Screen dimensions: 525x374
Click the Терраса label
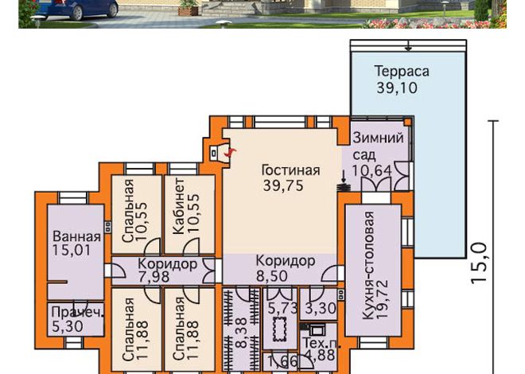pos(402,72)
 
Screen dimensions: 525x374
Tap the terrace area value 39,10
pos(397,88)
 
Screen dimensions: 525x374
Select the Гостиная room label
pos(290,170)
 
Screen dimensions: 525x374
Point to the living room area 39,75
pos(283,185)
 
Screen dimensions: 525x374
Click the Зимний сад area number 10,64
pos(371,170)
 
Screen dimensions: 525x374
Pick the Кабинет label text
pos(178,206)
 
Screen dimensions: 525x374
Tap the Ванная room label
pos(76,236)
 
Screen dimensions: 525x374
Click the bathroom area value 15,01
pos(72,251)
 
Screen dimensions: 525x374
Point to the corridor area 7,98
pos(154,277)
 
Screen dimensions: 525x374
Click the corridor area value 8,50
pos(272,276)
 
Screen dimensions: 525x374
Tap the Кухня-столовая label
pos(368,265)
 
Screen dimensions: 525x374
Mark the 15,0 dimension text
pos(478,263)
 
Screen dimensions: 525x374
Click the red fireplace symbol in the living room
pos(230,153)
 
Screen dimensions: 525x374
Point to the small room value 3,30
pos(321,308)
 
